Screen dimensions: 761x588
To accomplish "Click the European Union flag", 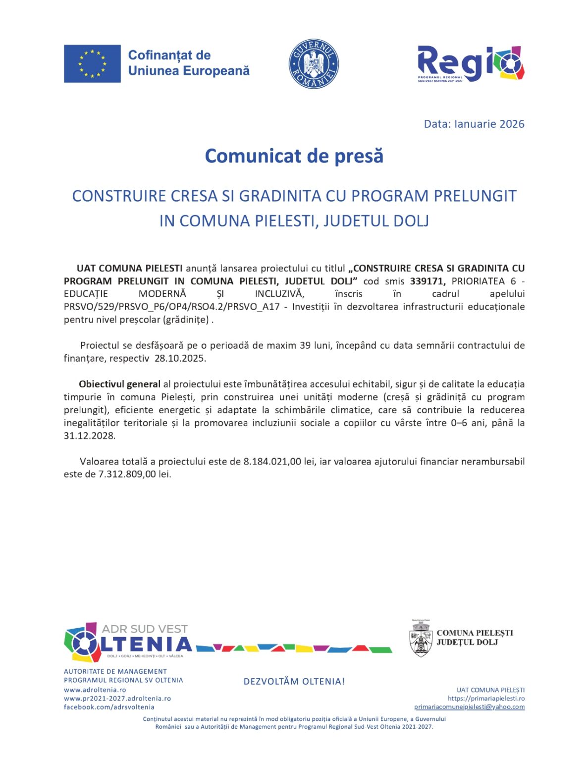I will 92,63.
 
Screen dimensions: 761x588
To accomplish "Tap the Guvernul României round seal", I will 314,64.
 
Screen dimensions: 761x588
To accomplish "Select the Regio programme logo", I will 470,64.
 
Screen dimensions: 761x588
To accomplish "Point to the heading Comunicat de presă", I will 294,156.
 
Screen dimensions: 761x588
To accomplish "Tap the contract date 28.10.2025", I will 180,358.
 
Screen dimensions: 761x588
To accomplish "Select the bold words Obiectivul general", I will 119,384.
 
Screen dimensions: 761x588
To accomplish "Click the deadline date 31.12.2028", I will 89,435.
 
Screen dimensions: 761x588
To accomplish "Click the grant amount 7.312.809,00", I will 127,474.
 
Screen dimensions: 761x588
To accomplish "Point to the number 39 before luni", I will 305,345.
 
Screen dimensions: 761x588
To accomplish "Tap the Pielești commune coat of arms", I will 421,639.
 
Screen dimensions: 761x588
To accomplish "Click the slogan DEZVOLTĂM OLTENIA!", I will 294,681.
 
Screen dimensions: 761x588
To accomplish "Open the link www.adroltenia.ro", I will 95,690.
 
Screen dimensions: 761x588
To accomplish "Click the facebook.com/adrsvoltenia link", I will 109,707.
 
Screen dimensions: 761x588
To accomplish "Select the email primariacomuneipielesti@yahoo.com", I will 469,707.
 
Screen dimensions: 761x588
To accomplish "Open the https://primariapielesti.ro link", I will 486,699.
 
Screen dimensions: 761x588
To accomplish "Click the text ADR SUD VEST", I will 145,629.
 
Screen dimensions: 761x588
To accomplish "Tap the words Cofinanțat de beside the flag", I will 169,55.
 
